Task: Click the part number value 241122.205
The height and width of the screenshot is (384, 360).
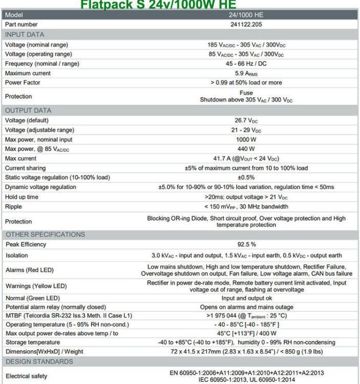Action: pos(246,25)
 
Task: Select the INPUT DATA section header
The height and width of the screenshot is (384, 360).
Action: pos(25,34)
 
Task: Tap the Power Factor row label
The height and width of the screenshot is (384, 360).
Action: pos(23,82)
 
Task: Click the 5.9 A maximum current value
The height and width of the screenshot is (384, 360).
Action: pos(246,73)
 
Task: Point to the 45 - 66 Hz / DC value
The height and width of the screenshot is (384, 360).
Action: pos(246,63)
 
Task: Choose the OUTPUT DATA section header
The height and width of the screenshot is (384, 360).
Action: pos(28,110)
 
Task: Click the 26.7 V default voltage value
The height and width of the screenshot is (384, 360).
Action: pos(246,120)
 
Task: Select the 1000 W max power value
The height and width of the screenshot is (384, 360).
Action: pos(246,139)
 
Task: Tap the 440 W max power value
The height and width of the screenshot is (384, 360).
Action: pos(246,149)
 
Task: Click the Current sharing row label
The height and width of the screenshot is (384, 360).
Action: pos(25,168)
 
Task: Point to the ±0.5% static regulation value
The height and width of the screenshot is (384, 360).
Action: pos(246,177)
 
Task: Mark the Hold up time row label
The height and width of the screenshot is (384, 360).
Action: pos(22,197)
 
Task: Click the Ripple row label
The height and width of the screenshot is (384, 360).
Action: pos(13,206)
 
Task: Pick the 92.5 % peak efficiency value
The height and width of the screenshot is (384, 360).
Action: pos(246,245)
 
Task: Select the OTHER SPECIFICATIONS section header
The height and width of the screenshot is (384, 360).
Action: pos(45,234)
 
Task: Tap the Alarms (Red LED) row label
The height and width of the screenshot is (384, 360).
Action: pos(29,270)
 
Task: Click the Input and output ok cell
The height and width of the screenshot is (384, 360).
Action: pos(246,298)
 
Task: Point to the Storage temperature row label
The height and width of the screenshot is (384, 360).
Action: pos(32,342)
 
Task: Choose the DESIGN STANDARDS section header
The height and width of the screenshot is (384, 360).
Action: pos(39,361)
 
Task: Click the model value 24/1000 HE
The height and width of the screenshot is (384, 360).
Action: pos(246,15)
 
